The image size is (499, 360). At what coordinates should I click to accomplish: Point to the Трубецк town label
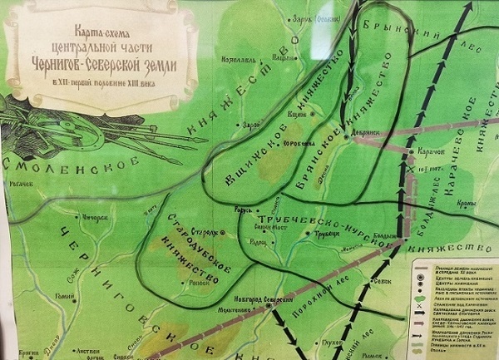pos(319,234)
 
